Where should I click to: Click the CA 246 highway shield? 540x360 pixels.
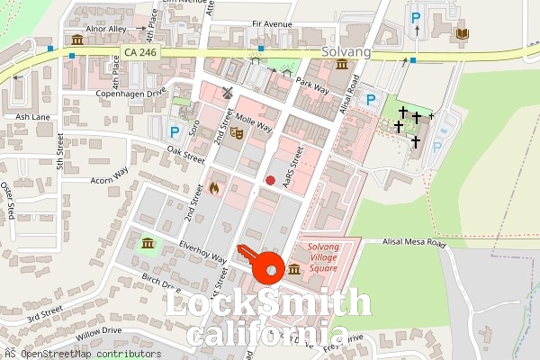point(141,53)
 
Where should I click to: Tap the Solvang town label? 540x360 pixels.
point(346,53)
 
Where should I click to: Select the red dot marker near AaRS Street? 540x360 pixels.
point(270,180)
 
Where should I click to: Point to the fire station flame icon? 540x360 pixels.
point(214,187)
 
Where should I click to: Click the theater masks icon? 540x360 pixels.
point(237,132)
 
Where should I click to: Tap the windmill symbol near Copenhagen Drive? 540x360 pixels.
point(228,93)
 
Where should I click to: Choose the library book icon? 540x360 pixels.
point(463,33)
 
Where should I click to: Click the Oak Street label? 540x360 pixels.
point(186,155)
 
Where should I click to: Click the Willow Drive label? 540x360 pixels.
point(99,331)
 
